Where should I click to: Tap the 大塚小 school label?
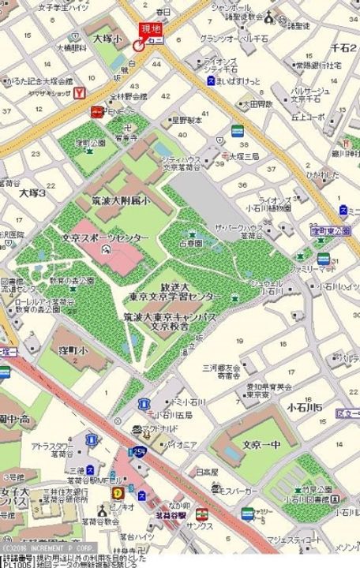pos(107,38)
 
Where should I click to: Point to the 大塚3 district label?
pos(33,192)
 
